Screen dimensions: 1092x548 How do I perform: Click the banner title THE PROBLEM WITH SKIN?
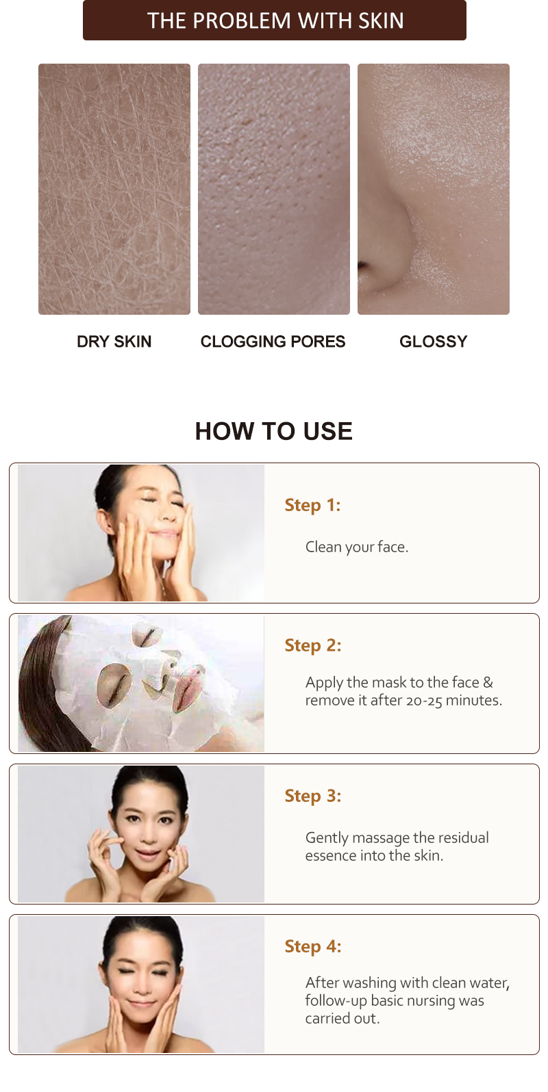click(x=275, y=21)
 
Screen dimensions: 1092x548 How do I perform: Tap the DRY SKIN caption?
click(x=114, y=341)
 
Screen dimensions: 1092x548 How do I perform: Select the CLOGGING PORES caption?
click(x=273, y=341)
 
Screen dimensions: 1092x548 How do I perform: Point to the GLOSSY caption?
click(x=433, y=341)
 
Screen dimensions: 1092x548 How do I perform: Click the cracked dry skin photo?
click(x=114, y=189)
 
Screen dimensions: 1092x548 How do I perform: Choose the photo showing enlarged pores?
click(x=274, y=189)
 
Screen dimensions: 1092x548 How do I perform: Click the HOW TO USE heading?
click(x=274, y=431)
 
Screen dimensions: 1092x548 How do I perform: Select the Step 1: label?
click(x=312, y=505)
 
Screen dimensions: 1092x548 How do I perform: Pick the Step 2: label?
click(x=312, y=645)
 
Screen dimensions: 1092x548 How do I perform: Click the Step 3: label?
click(x=312, y=796)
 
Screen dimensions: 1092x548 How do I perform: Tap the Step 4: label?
click(x=312, y=946)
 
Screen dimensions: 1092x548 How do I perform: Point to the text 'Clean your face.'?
click(x=356, y=547)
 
